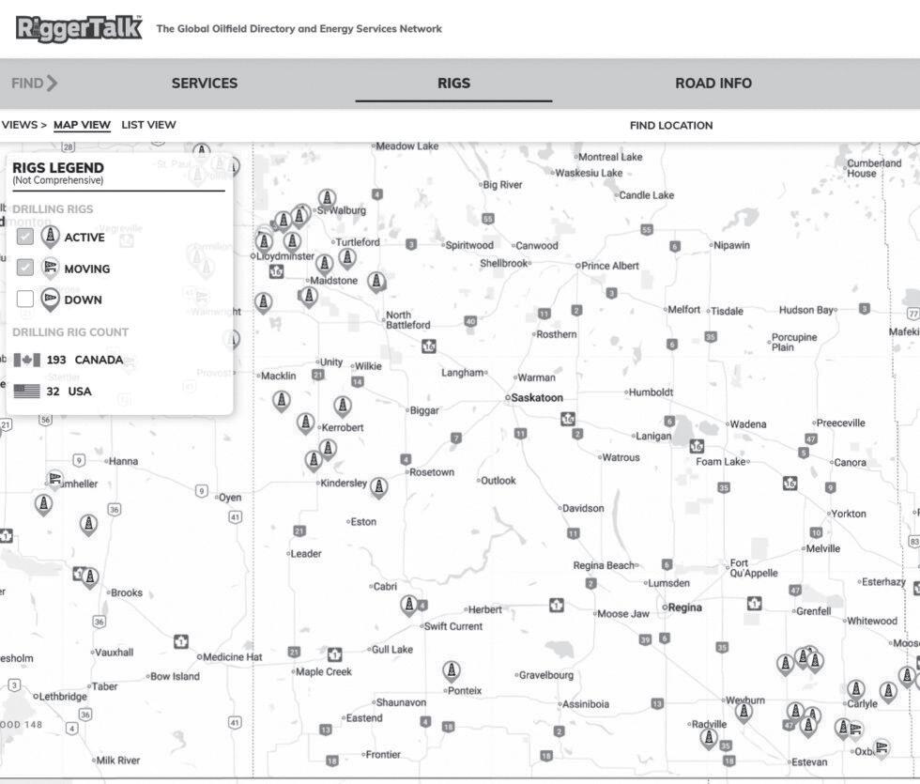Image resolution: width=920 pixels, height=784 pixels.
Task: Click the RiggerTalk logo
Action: point(79,28)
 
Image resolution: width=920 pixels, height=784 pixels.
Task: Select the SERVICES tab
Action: point(204,83)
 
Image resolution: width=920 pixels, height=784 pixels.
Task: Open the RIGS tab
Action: point(453,83)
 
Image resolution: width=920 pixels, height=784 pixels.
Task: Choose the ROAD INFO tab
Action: point(713,83)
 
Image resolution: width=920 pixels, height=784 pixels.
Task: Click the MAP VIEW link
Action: point(82,125)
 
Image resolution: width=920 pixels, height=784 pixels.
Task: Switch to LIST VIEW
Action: point(148,125)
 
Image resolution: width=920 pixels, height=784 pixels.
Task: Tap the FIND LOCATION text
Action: point(670,125)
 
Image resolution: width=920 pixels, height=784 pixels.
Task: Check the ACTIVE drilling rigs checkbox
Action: point(25,237)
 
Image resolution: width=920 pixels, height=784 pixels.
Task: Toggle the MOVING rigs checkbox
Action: point(25,268)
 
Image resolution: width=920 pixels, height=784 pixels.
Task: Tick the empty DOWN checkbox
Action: point(25,300)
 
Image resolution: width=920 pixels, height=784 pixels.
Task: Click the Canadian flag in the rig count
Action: point(26,361)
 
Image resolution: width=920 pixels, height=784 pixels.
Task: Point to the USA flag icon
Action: point(26,392)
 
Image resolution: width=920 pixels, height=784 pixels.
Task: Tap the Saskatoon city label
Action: point(537,398)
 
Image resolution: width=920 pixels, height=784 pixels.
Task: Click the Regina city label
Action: point(684,607)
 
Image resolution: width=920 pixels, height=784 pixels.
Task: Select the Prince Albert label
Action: point(610,266)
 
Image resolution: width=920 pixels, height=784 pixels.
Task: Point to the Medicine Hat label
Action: point(233,657)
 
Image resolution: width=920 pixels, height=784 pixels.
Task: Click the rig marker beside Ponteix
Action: point(452,670)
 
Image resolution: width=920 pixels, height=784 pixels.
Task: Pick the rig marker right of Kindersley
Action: point(378,486)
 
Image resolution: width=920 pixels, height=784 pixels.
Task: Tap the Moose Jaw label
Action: point(623,613)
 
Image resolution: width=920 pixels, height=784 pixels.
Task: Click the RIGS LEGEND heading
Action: point(58,168)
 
